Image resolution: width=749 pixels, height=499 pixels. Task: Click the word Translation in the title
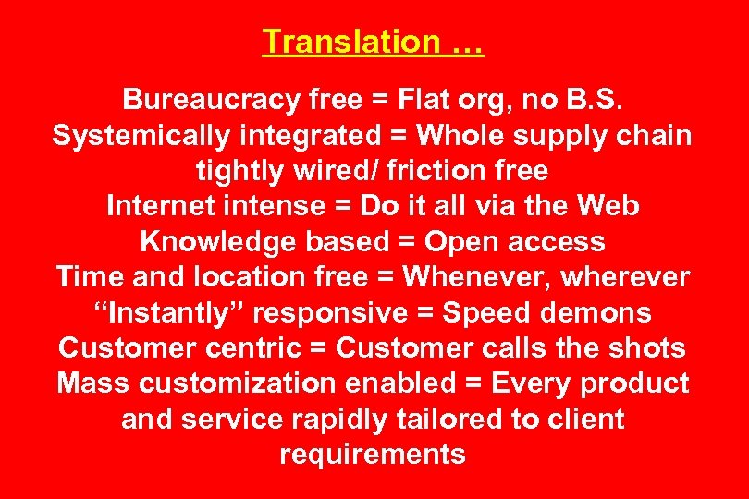coord(338,42)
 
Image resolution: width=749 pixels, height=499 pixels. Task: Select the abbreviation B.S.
coord(598,99)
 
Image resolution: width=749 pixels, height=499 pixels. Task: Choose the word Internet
coord(164,206)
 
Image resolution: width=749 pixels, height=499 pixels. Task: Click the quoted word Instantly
coord(170,313)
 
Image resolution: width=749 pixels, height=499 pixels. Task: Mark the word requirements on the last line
coord(373,455)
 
